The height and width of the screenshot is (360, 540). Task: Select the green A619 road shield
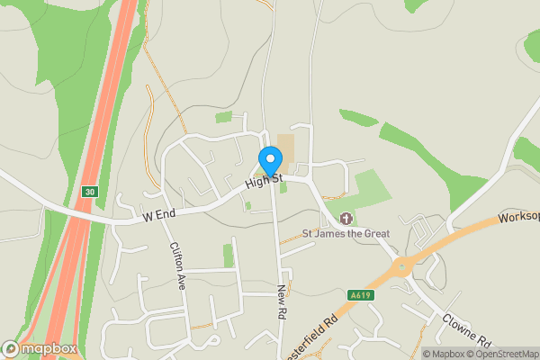coord(360,294)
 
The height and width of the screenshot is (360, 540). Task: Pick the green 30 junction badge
coord(89,192)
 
